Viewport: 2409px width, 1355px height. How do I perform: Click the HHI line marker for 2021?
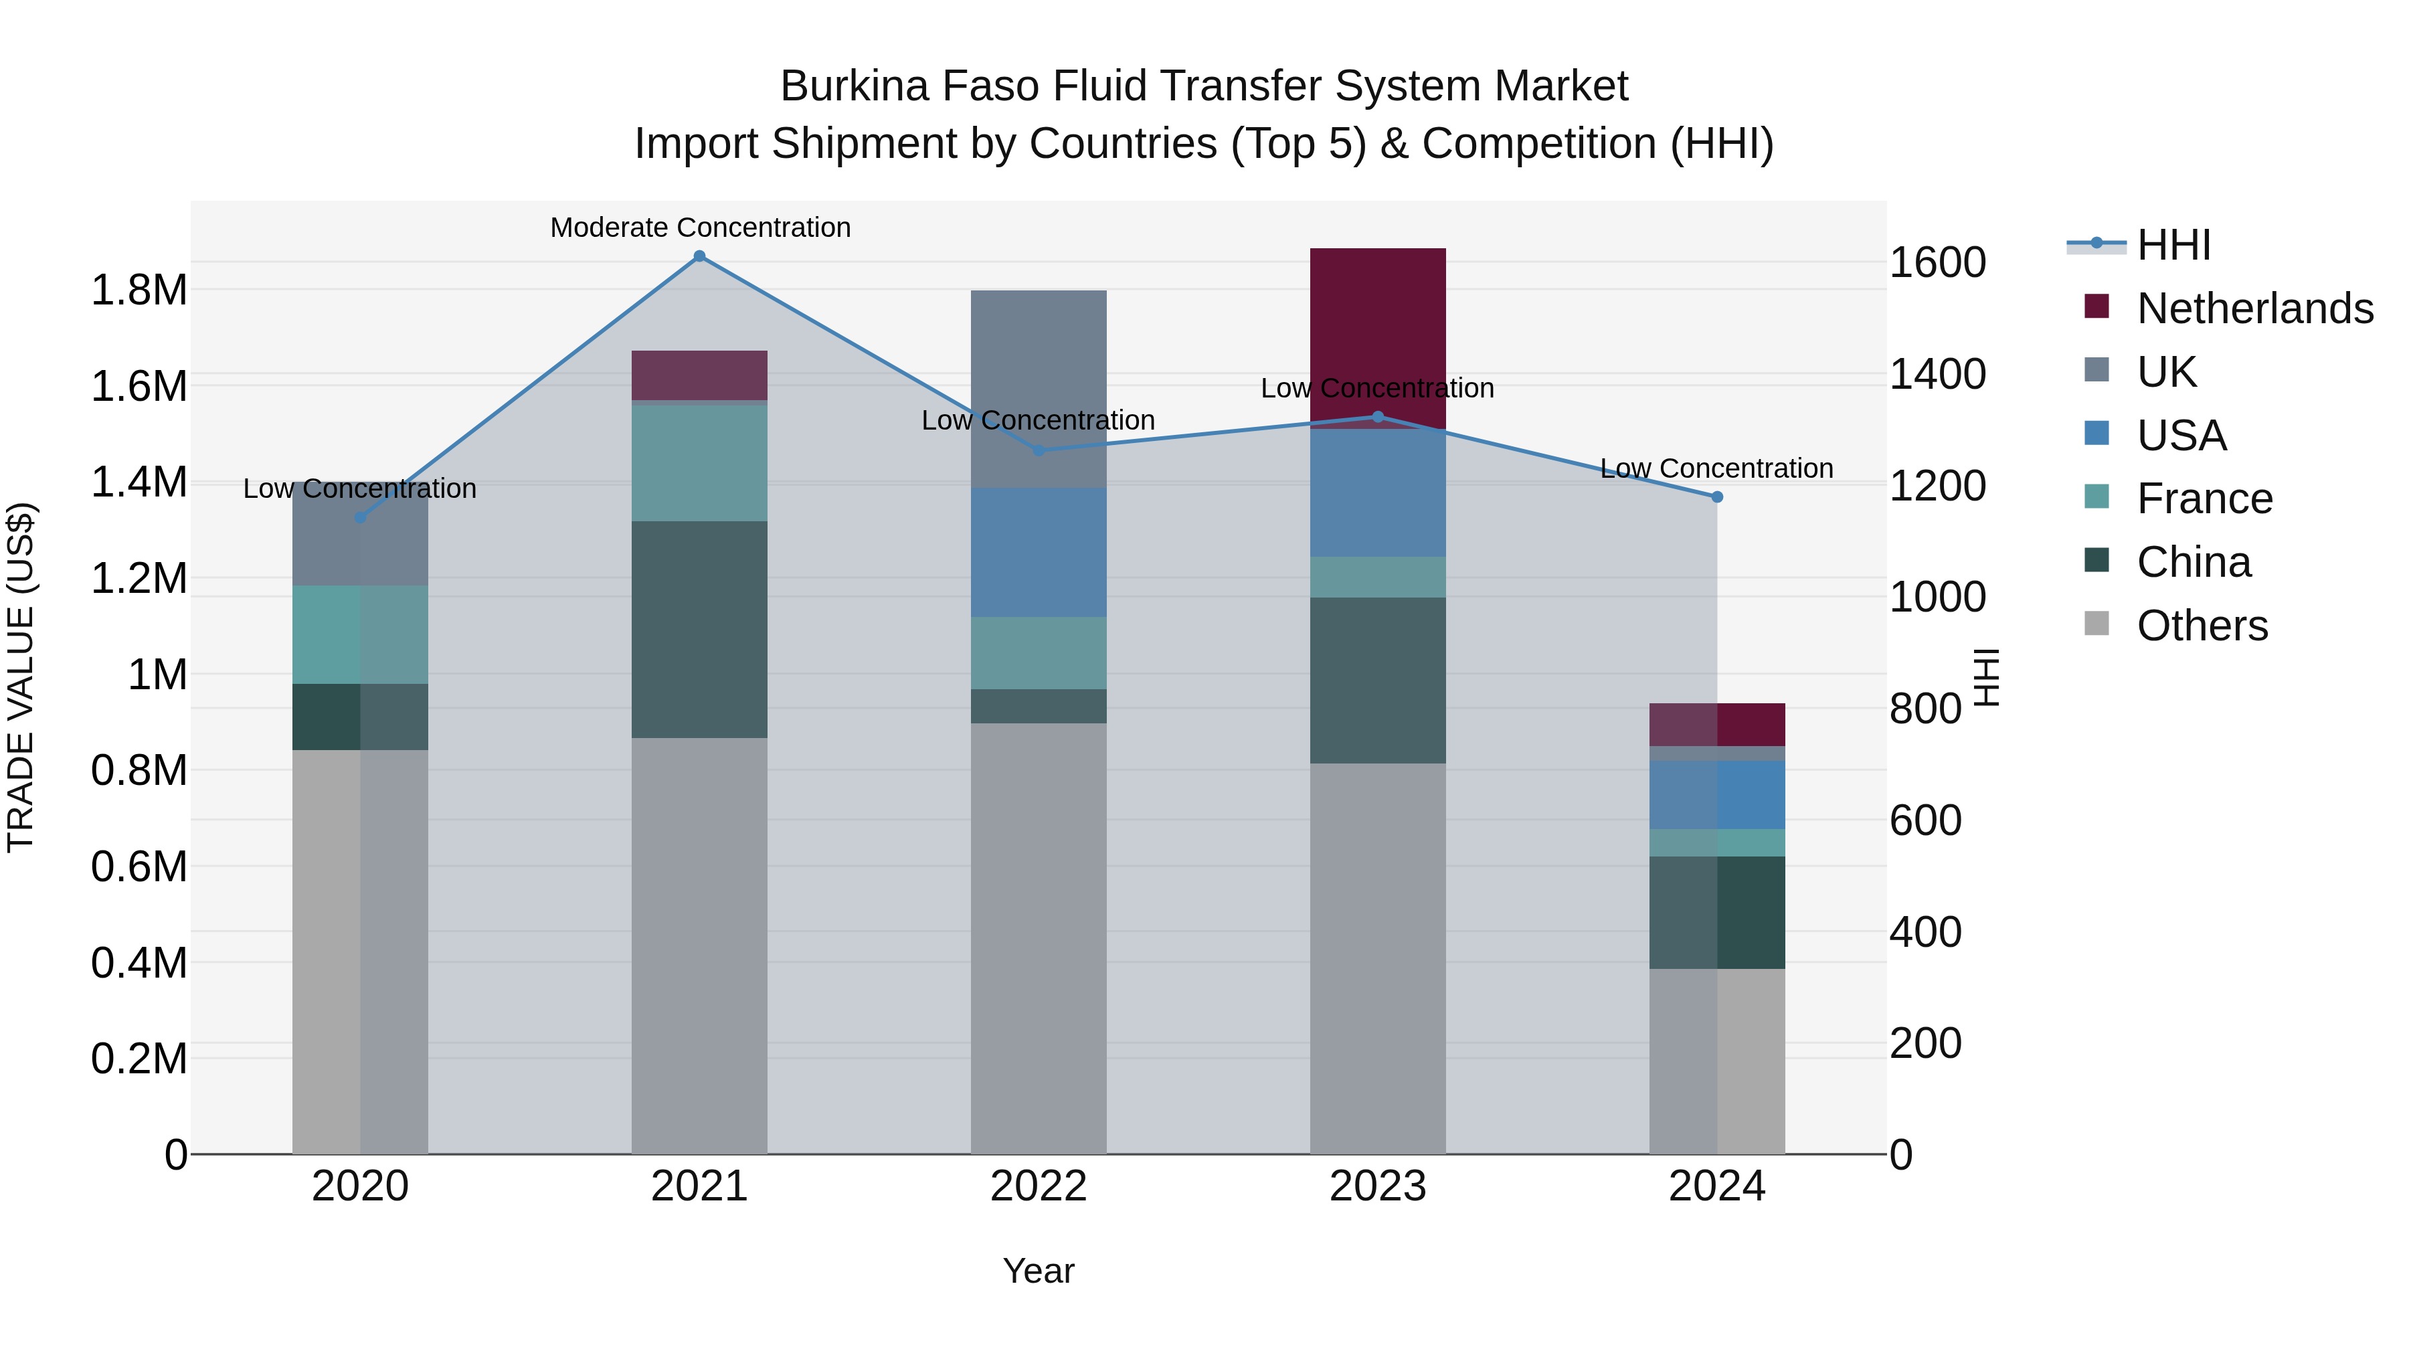[699, 256]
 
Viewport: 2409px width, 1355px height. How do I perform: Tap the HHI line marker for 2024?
[1717, 496]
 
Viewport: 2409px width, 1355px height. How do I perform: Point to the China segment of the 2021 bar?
[699, 630]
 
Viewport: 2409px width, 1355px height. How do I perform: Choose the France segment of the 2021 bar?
[699, 461]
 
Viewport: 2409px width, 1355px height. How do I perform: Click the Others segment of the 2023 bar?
[1378, 958]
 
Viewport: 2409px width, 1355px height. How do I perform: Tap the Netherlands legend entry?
[2254, 308]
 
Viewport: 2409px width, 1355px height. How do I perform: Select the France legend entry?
[2204, 499]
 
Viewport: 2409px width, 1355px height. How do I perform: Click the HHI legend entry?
[2173, 245]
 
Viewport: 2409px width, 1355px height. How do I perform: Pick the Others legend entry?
[2202, 626]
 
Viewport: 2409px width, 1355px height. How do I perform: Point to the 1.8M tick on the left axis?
[139, 290]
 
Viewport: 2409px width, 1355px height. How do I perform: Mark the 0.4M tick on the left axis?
[139, 962]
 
